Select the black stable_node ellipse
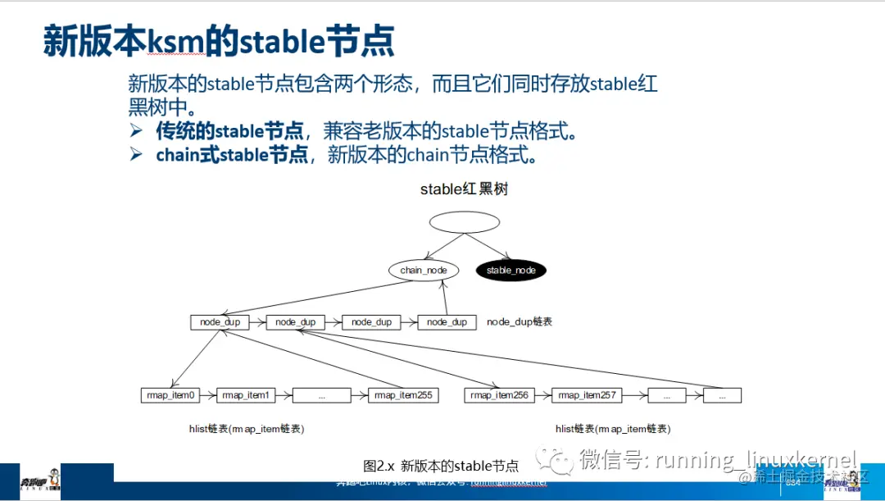pos(511,270)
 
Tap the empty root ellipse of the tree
pos(464,222)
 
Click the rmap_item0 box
pos(170,395)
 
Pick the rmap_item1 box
pos(246,395)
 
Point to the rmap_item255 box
pos(403,395)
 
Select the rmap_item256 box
pos(498,395)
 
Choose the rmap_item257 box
pos(586,395)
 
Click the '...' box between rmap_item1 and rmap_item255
pos(321,395)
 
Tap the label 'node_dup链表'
pos(520,321)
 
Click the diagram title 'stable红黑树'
pos(464,189)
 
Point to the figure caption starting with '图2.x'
pos(441,466)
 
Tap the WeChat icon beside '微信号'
pos(561,460)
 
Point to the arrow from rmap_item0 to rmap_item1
pos(208,395)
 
